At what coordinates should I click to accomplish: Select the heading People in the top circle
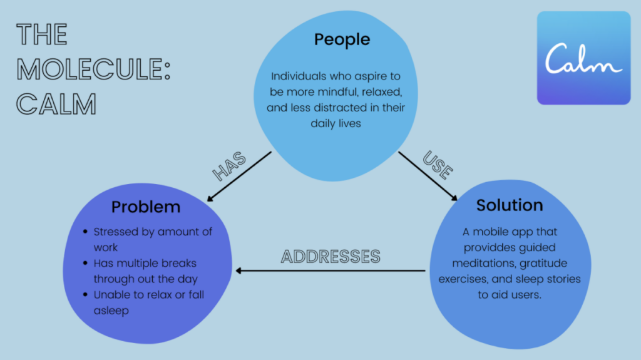[x=342, y=39]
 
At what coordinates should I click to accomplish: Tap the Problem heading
[x=146, y=207]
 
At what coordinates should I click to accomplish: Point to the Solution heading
[x=510, y=205]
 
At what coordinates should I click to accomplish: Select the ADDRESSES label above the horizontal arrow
[x=331, y=257]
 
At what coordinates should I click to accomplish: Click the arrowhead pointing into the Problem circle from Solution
[x=239, y=271]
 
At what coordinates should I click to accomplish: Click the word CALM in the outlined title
[x=56, y=105]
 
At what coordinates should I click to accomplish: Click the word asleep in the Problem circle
[x=111, y=311]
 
